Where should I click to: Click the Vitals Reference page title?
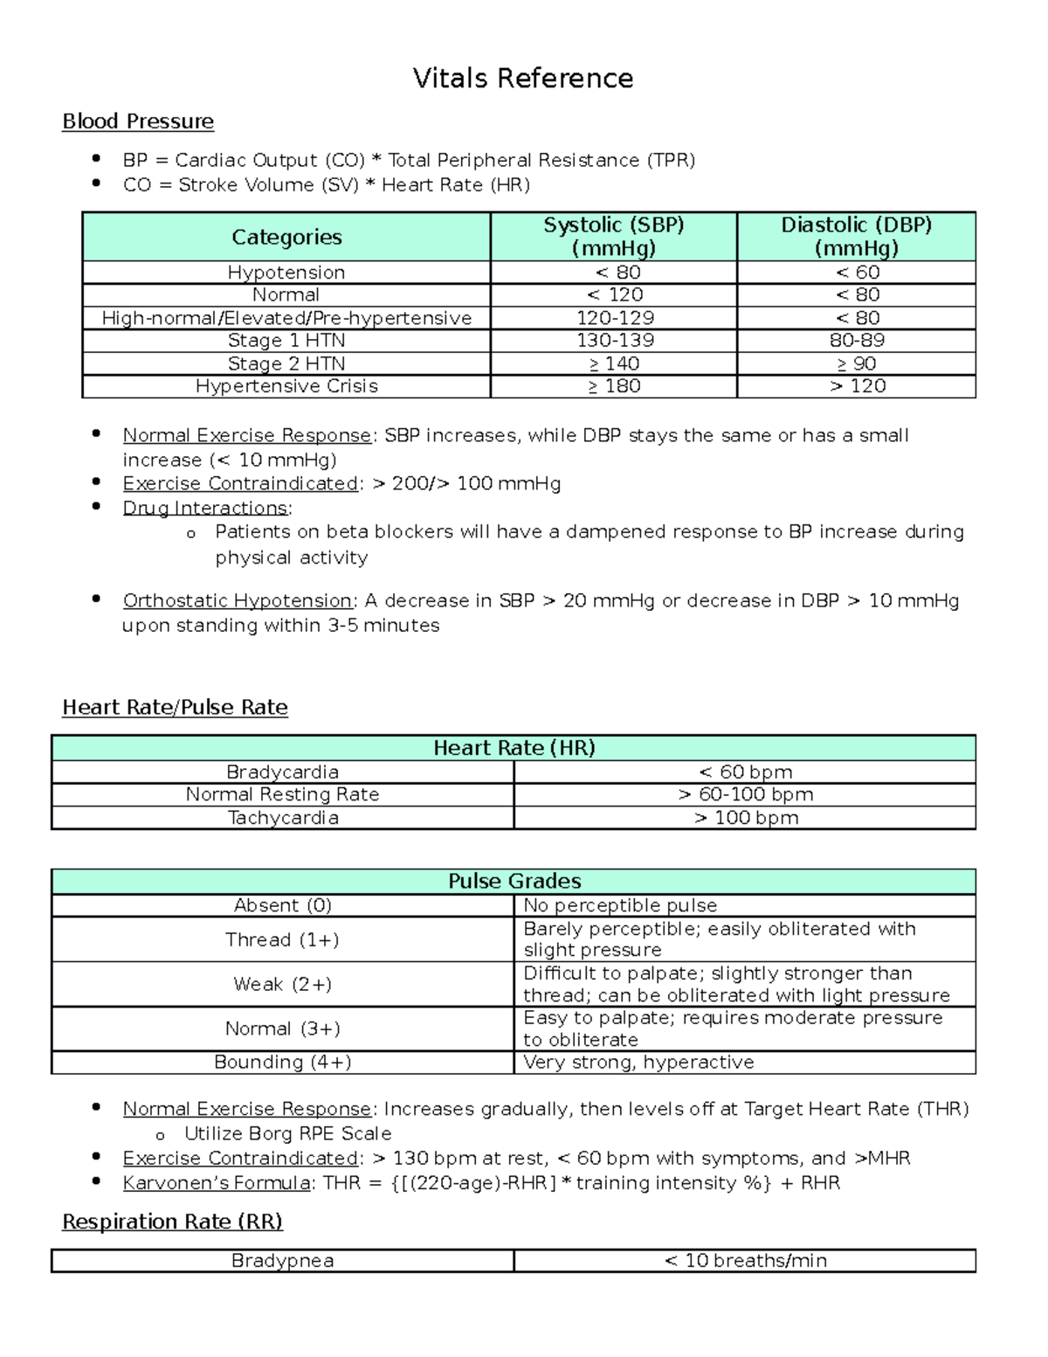point(522,79)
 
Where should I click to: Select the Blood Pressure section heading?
point(138,121)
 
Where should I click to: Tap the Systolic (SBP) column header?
point(613,236)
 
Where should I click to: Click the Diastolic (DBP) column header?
point(856,236)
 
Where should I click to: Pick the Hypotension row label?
point(286,273)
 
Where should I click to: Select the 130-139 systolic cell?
point(615,341)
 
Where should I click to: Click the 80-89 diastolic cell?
point(856,341)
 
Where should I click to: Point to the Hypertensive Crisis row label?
point(286,386)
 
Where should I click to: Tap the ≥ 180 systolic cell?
point(615,386)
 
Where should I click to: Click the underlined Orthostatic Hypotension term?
point(238,601)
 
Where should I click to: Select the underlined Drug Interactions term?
point(206,509)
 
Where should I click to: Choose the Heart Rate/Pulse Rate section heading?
point(175,708)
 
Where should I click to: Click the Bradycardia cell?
point(282,772)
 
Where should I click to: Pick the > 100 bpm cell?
point(746,818)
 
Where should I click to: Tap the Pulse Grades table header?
point(514,881)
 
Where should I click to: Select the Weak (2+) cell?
point(282,985)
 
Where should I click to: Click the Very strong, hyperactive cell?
point(638,1063)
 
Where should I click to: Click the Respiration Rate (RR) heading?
point(172,1222)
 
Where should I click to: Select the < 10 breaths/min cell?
point(745,1261)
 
